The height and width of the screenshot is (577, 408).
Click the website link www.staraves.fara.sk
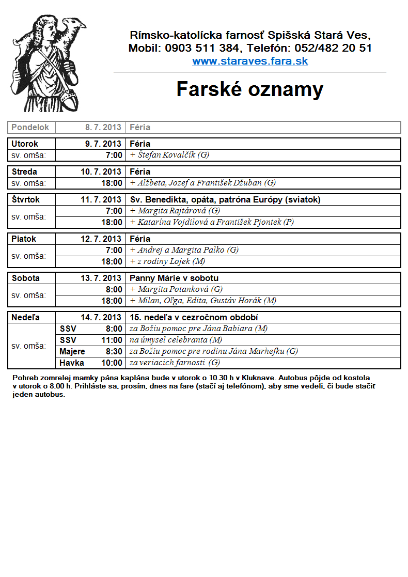tap(250, 61)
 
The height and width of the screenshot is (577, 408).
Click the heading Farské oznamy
tap(250, 89)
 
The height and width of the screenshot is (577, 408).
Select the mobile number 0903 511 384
tap(202, 49)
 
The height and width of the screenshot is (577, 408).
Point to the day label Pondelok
tap(30, 127)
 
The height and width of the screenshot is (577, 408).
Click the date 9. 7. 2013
tap(103, 144)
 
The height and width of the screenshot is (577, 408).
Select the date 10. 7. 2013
tap(101, 171)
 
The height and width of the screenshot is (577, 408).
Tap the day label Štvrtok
tap(26, 199)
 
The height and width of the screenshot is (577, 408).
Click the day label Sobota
tap(26, 278)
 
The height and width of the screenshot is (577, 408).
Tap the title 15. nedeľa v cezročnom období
tap(194, 317)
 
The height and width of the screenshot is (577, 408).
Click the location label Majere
tap(72, 351)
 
